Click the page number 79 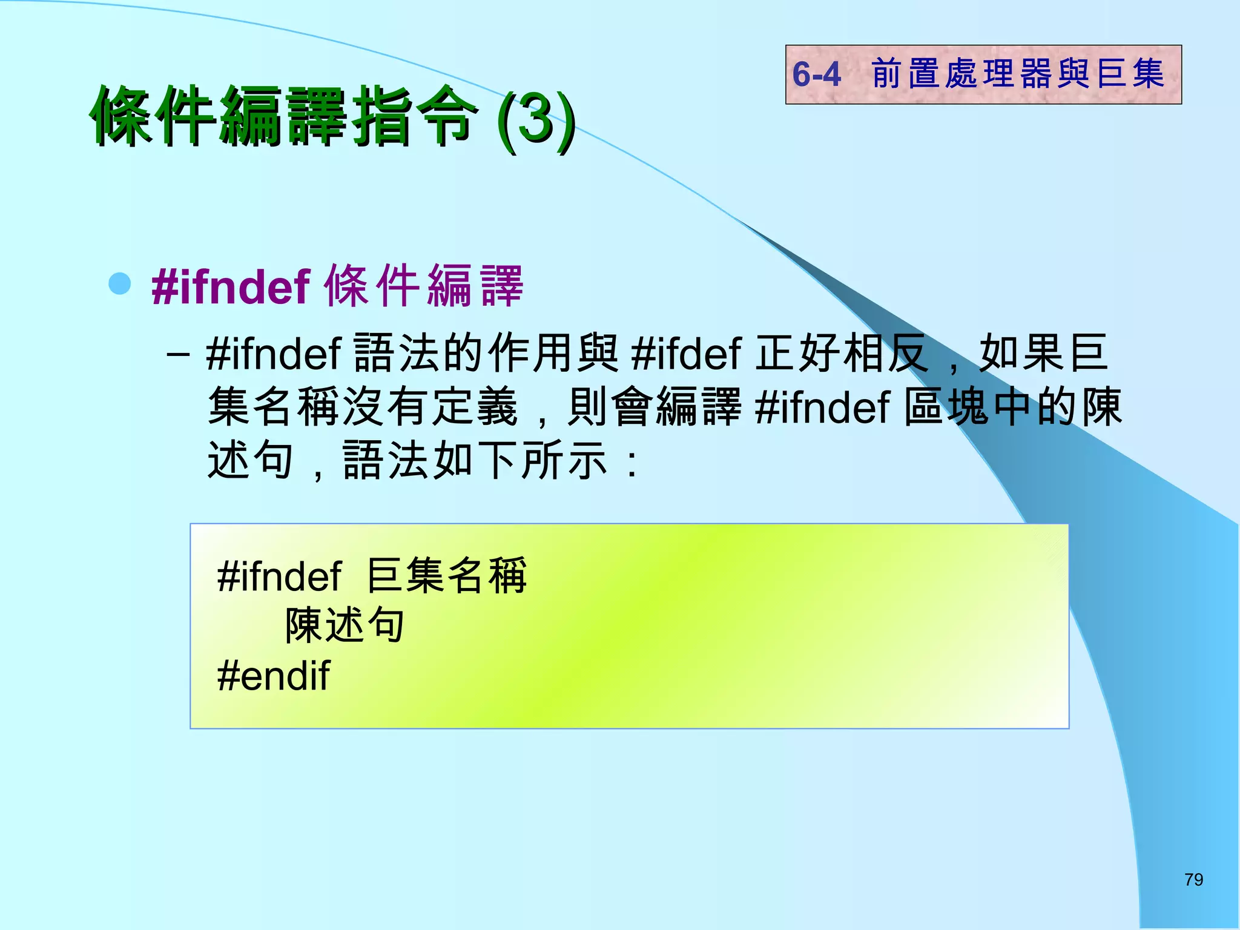pyautogui.click(x=1193, y=879)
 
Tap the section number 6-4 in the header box pyautogui.click(x=817, y=74)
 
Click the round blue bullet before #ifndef pyautogui.click(x=120, y=283)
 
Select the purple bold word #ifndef pyautogui.click(x=231, y=286)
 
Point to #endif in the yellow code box pyautogui.click(x=274, y=676)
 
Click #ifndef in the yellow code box pyautogui.click(x=279, y=576)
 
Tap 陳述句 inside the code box pyautogui.click(x=345, y=625)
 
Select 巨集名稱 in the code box pyautogui.click(x=447, y=575)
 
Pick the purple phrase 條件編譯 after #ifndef pyautogui.click(x=424, y=286)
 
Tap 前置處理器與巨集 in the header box pyautogui.click(x=1018, y=74)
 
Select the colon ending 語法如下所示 pyautogui.click(x=632, y=463)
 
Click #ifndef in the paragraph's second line pyautogui.click(x=823, y=407)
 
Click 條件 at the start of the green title pyautogui.click(x=155, y=116)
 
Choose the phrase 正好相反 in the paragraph pyautogui.click(x=841, y=353)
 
